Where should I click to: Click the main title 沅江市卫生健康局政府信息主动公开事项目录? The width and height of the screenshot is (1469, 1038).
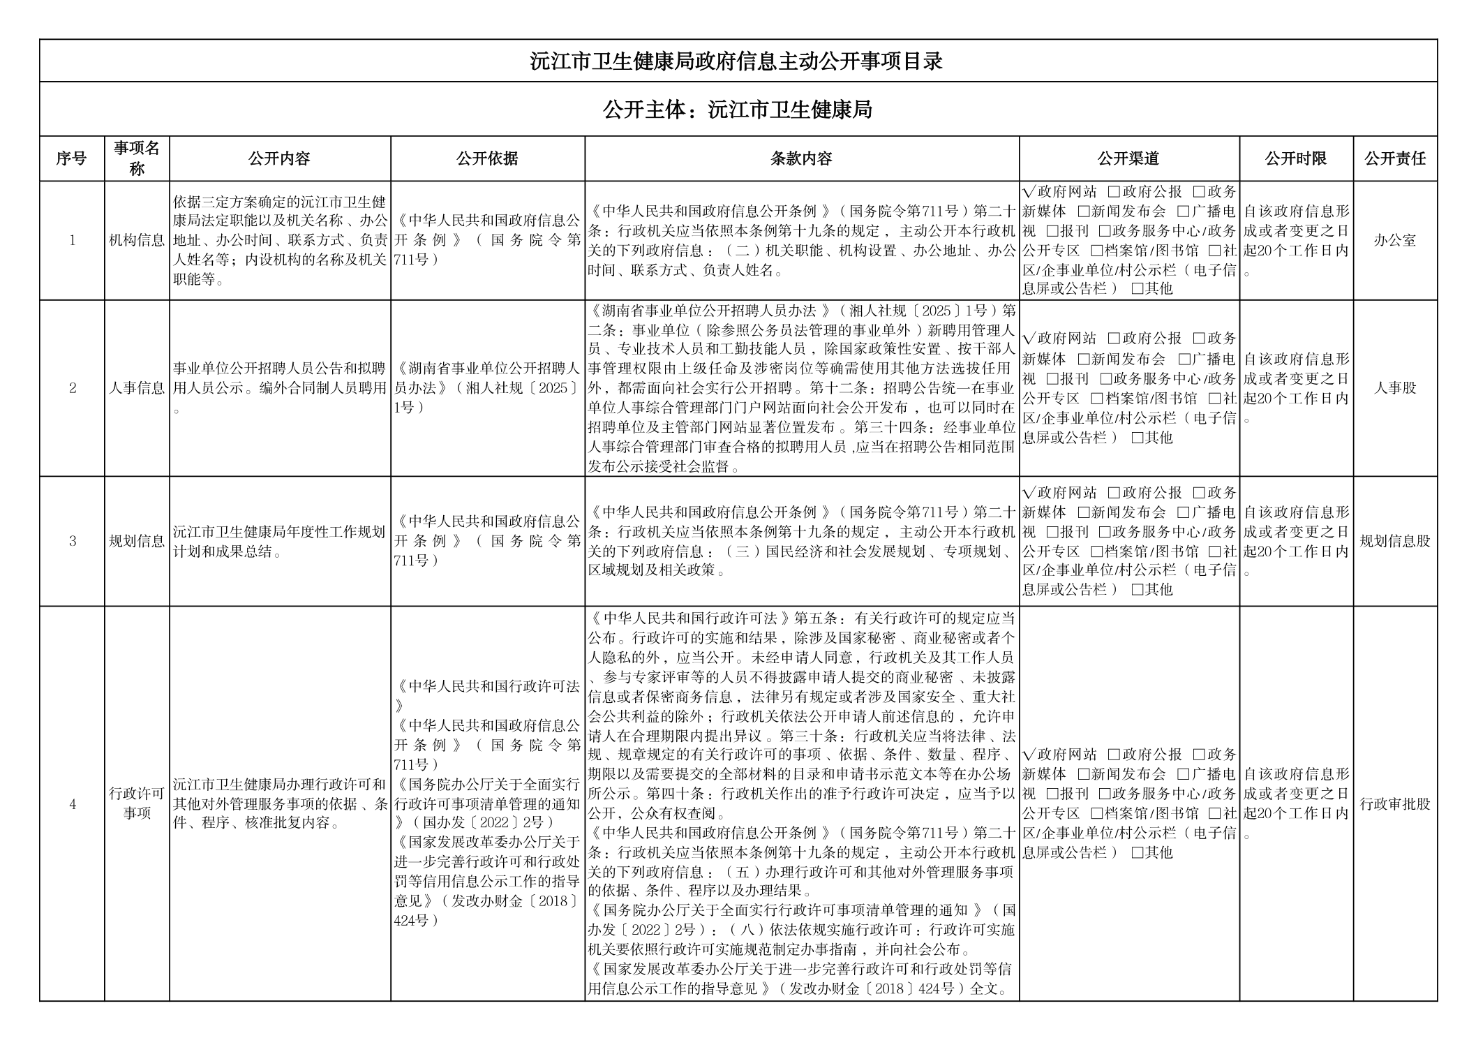click(x=736, y=61)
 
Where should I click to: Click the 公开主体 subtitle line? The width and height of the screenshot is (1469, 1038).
click(x=737, y=110)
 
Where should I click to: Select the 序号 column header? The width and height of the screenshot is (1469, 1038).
click(x=71, y=158)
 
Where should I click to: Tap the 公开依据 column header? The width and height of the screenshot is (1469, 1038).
click(x=487, y=158)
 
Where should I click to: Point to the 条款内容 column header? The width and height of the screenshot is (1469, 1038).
click(x=801, y=158)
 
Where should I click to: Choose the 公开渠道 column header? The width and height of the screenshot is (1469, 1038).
click(x=1128, y=158)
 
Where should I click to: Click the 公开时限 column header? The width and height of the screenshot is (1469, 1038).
click(x=1295, y=158)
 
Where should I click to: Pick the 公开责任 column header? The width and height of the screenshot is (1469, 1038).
click(x=1394, y=158)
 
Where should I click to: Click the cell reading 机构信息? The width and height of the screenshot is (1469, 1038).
click(x=137, y=241)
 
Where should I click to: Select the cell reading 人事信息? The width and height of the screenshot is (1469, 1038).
click(x=137, y=388)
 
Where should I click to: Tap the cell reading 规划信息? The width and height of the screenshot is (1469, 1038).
click(x=137, y=541)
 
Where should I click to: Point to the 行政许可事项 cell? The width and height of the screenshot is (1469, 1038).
click(x=137, y=803)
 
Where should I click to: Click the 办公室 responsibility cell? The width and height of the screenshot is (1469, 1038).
click(x=1394, y=241)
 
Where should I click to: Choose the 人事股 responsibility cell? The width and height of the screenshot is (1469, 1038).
click(x=1394, y=388)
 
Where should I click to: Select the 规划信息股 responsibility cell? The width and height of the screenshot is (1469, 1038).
click(x=1394, y=541)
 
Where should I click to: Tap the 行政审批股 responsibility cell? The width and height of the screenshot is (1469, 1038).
click(x=1394, y=803)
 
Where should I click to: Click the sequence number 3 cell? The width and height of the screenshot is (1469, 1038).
click(x=72, y=541)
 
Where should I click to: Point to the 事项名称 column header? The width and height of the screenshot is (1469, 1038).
click(x=137, y=158)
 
